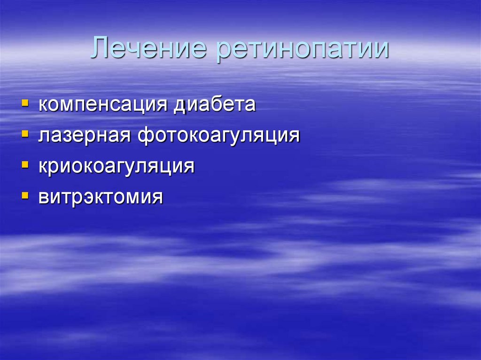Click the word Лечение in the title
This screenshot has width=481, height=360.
coord(149,49)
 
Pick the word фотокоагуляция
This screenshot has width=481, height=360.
coord(218,136)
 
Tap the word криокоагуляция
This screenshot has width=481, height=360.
coord(116,167)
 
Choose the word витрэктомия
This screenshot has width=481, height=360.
coord(101,197)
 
